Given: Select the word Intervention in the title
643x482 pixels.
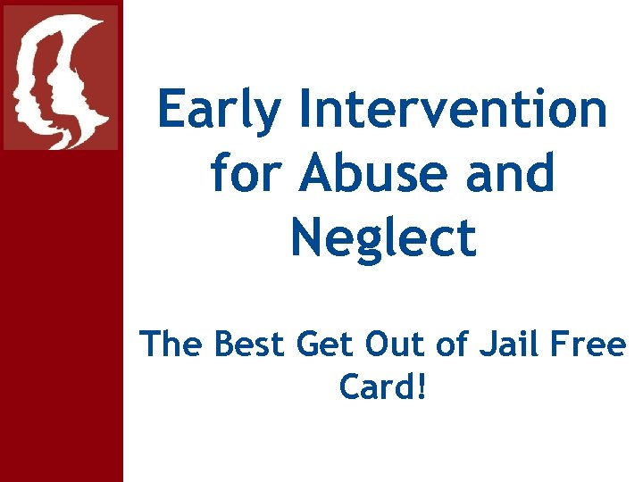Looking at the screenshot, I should click(x=455, y=110).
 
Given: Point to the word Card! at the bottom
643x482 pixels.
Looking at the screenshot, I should click(x=383, y=387).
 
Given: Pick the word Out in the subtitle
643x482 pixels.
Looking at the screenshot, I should click(x=408, y=343).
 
